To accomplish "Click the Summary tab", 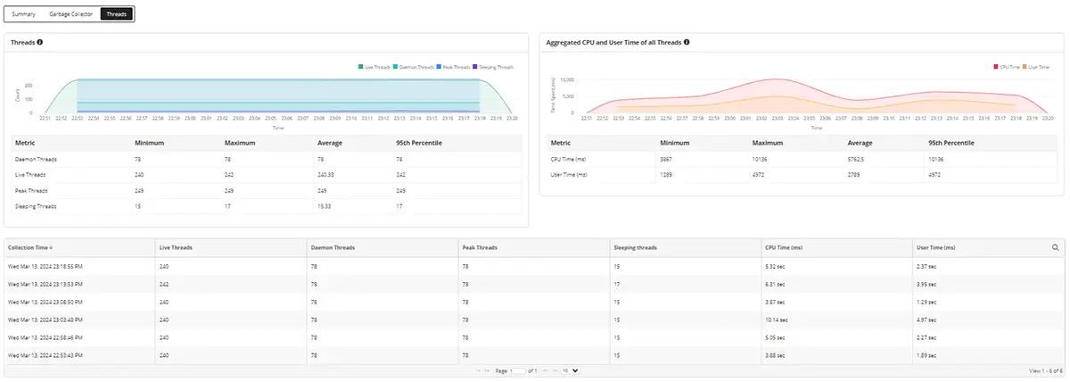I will point(24,14).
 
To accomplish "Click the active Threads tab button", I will point(117,14).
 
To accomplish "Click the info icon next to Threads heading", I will point(40,42).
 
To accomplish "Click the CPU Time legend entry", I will point(1007,67).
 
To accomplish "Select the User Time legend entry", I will point(1039,67).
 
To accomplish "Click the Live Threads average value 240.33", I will point(328,174).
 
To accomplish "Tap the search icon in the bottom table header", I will point(1055,247).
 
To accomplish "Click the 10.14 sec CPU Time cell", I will point(777,319).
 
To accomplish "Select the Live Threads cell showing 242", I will point(164,283).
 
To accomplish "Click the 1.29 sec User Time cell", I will point(928,301).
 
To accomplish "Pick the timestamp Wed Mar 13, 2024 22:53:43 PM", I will point(45,354).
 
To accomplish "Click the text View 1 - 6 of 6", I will point(1045,370).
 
